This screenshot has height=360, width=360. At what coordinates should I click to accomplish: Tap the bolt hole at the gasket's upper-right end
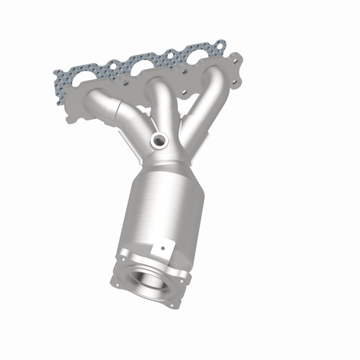pos(220,45)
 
